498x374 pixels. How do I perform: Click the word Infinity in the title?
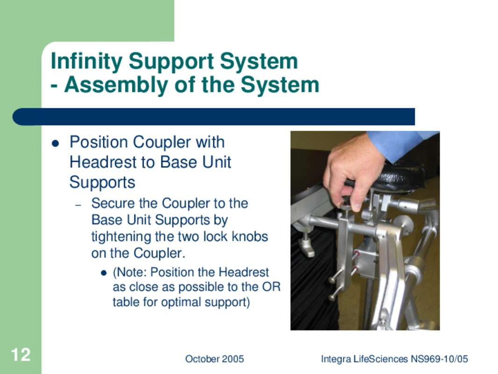[x=86, y=61]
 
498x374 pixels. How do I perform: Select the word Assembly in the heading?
[x=116, y=85]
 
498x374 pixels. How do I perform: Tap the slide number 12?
[x=21, y=355]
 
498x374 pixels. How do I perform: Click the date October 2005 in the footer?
[x=214, y=359]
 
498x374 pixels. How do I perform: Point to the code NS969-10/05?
[x=439, y=359]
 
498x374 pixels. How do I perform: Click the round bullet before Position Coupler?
[x=55, y=144]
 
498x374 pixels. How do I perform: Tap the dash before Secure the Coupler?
[x=78, y=205]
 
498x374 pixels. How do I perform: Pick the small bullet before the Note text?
[x=103, y=273]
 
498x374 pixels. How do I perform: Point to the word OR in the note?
[x=271, y=287]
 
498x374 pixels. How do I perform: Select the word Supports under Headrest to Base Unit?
[x=102, y=183]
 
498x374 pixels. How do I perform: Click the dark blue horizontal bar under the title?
[x=214, y=117]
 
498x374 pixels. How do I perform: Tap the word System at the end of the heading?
[x=280, y=85]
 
